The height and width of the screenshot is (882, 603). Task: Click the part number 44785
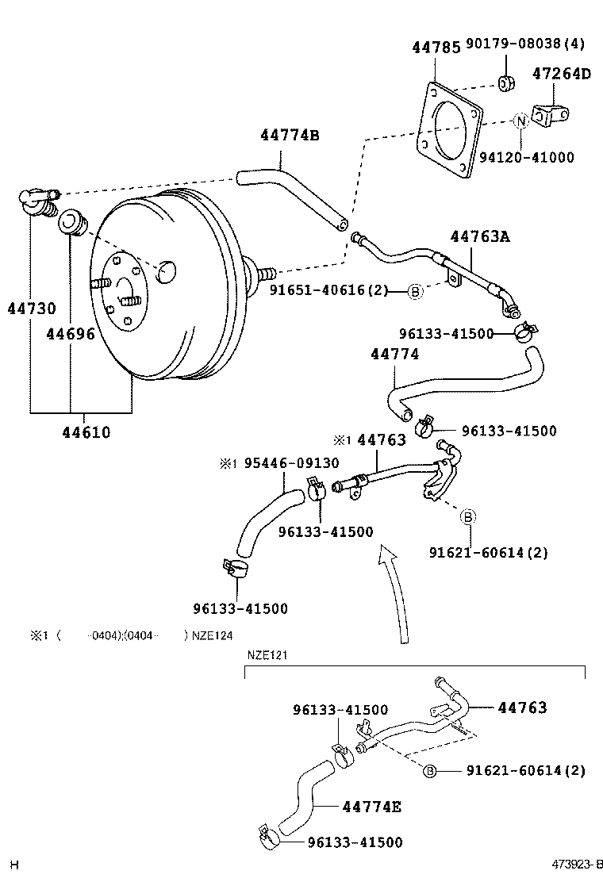[436, 48]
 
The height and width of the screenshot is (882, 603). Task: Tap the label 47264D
[562, 75]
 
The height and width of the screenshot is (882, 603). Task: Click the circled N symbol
[520, 121]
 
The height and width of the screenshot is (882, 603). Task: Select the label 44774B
[289, 135]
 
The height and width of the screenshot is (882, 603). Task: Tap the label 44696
[70, 334]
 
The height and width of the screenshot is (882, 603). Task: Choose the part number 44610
[86, 432]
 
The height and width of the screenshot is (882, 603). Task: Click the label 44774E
[371, 807]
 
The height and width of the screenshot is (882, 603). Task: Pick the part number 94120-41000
[532, 157]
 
